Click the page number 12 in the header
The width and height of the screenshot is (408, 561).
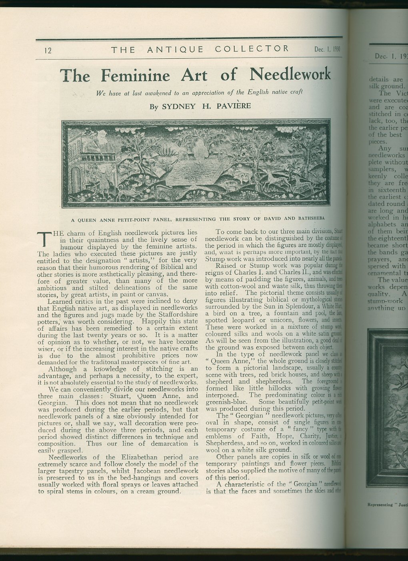(47, 50)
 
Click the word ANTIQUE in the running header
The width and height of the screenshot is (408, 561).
(176, 50)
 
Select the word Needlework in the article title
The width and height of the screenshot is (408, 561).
(290, 74)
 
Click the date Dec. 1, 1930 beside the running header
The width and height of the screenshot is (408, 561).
(327, 50)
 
